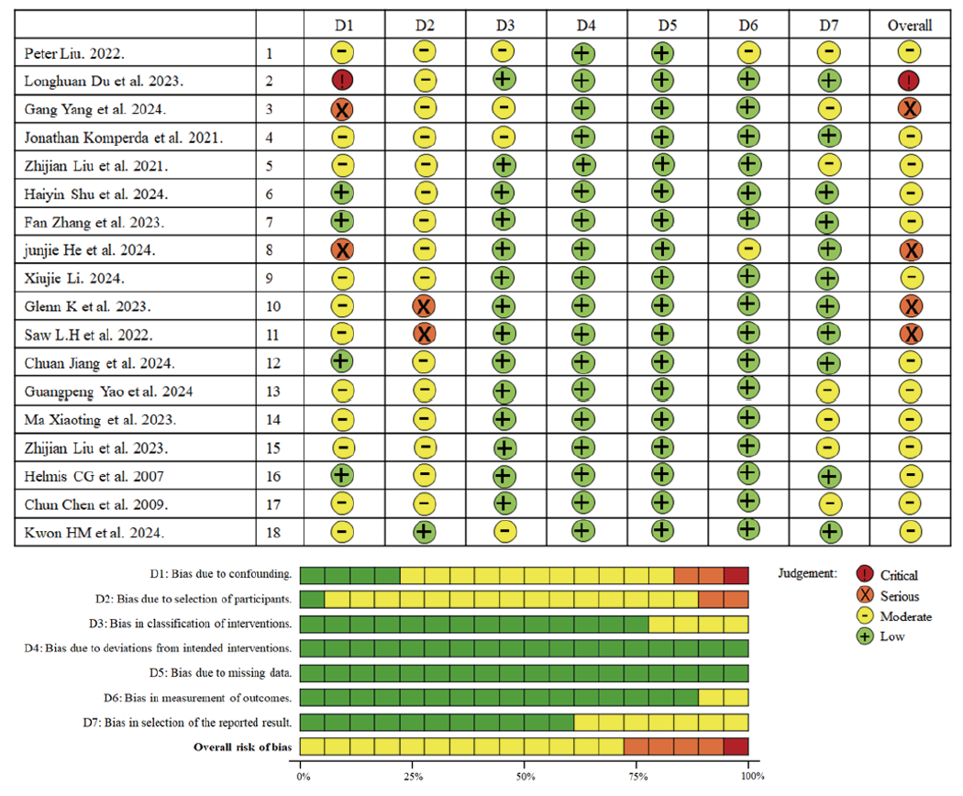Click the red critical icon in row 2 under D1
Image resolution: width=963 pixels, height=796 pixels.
[342, 81]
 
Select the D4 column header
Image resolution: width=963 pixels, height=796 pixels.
[586, 25]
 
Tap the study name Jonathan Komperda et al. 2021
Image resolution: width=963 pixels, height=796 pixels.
[124, 138]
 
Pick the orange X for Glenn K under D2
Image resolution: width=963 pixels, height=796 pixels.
[424, 306]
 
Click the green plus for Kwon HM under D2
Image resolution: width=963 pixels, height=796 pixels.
[424, 532]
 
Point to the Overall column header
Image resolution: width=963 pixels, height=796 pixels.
[910, 25]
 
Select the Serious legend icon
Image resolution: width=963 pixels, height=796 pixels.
[866, 594]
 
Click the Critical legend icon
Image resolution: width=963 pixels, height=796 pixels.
[865, 574]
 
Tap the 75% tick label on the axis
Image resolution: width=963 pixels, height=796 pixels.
[637, 777]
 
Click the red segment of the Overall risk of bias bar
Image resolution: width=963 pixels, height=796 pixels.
[736, 746]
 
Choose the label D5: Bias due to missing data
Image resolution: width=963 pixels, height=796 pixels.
[220, 672]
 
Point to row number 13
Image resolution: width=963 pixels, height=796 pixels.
[272, 392]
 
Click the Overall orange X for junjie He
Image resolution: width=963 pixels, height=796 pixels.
[911, 250]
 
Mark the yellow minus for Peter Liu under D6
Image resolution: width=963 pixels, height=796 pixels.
[748, 52]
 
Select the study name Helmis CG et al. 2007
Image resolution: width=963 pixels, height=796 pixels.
[94, 476]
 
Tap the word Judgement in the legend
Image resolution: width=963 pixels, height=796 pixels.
[807, 573]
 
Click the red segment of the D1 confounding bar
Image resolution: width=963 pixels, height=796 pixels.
[736, 576]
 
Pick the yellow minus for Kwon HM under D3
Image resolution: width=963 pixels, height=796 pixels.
[504, 532]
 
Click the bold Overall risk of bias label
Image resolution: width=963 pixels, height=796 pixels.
[243, 746]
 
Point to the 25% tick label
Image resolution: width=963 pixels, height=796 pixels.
[414, 777]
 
